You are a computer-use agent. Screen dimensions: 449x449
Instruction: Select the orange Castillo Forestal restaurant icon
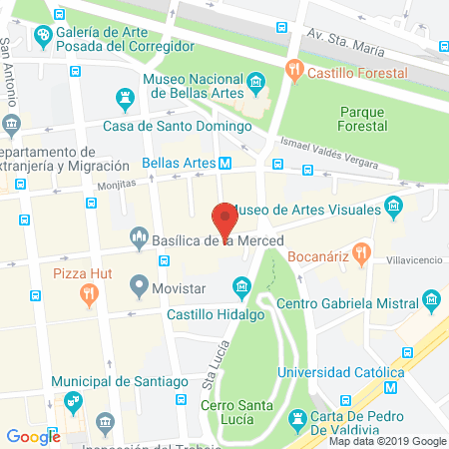[293, 70]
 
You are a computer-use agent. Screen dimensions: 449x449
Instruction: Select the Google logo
[33, 436]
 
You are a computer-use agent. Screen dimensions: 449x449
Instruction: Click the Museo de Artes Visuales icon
[393, 207]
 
